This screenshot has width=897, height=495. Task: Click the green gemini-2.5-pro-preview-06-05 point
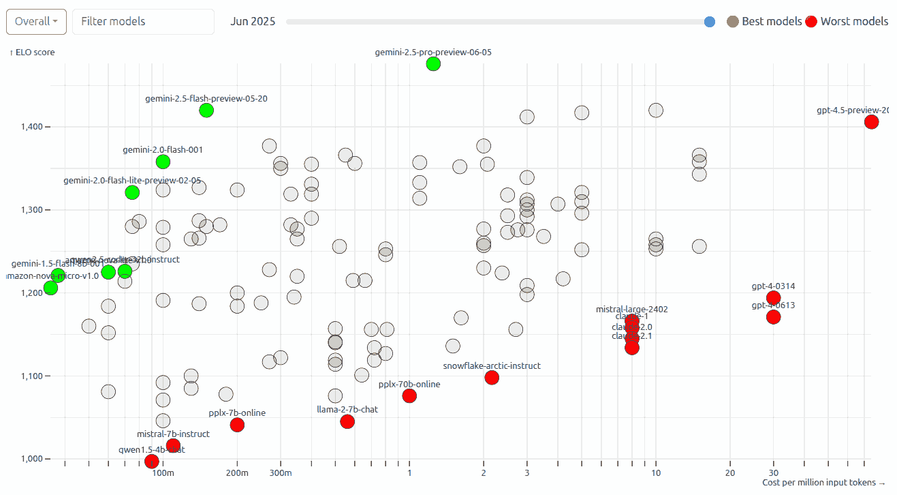433,64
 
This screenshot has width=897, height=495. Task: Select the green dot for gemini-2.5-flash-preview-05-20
206,110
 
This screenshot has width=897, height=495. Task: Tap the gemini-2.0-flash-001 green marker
163,162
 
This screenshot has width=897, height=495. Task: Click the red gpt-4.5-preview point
871,122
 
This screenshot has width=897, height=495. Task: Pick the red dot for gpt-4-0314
773,298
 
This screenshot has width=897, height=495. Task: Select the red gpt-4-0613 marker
773,317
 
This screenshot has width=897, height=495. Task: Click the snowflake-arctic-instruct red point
492,378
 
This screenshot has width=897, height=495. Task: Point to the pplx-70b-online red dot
409,396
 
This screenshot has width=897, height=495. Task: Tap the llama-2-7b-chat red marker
347,421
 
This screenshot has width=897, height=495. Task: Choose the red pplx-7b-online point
237,425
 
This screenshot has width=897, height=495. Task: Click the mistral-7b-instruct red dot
173,446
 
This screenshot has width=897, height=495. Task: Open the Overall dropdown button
36,21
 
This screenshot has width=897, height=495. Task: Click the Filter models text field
143,21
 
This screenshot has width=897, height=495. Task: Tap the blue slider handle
710,22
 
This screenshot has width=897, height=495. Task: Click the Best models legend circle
733,21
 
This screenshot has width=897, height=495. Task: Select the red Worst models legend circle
811,22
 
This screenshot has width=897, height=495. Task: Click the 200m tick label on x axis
237,473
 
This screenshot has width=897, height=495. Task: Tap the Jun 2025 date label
253,21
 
